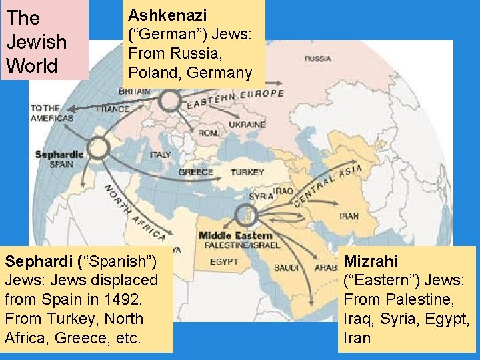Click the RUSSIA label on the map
[318, 59]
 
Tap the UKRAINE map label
[247, 125]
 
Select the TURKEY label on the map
[247, 172]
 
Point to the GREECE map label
[195, 172]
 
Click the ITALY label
[161, 155]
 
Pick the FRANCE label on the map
[113, 109]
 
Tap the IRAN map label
[349, 216]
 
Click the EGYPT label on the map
[224, 262]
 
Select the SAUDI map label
[286, 268]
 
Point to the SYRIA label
[260, 197]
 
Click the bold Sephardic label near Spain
[59, 155]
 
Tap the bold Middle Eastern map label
[235, 235]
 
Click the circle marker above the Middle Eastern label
[246, 215]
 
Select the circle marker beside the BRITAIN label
[170, 101]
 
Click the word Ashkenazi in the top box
[167, 14]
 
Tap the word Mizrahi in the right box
[371, 261]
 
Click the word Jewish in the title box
[36, 41]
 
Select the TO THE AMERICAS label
[52, 113]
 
